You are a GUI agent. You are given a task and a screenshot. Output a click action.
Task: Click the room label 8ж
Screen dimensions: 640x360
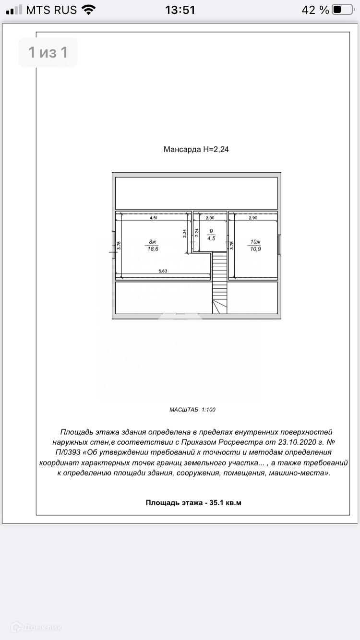tap(153, 241)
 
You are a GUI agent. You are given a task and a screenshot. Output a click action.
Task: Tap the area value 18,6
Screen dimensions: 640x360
tap(153, 249)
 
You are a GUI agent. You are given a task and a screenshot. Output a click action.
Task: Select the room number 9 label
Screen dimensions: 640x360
tap(210, 231)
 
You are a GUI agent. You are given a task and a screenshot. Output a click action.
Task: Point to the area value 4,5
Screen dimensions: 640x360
tap(210, 237)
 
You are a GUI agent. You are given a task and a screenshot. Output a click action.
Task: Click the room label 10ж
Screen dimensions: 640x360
tap(255, 241)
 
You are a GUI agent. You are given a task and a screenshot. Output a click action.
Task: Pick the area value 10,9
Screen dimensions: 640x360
tap(255, 249)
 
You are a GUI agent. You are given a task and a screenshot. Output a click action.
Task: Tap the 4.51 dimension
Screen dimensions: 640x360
tap(154, 218)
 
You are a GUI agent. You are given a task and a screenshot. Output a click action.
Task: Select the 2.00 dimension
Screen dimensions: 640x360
tap(210, 218)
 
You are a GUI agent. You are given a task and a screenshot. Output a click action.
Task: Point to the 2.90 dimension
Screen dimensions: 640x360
tap(253, 218)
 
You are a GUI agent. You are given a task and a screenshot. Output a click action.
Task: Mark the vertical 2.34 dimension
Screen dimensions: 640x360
tap(185, 234)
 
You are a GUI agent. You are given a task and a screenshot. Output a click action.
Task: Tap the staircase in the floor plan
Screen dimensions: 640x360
tap(219, 283)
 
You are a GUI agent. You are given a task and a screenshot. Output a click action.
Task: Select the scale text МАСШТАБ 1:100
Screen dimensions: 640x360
tap(192, 410)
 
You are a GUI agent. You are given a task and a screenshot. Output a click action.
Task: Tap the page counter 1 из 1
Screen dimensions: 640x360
tap(48, 52)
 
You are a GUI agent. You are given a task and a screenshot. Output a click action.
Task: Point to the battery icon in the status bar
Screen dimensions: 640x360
tap(342, 10)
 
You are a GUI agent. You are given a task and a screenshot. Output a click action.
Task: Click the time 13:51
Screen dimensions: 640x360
tap(180, 10)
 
